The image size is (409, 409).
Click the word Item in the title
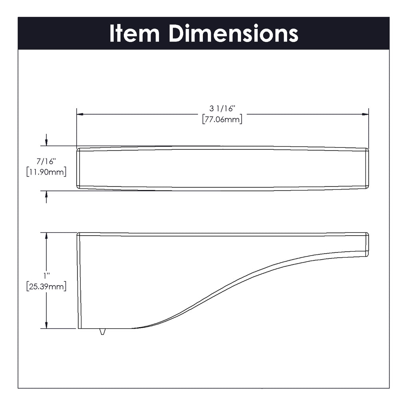pyautogui.click(x=135, y=34)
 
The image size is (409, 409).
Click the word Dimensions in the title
pyautogui.click(x=234, y=34)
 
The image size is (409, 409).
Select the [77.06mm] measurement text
pyautogui.click(x=222, y=119)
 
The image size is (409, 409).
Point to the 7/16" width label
pyautogui.click(x=46, y=161)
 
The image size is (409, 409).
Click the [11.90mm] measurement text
pyautogui.click(x=46, y=172)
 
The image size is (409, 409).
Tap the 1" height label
pyautogui.click(x=47, y=276)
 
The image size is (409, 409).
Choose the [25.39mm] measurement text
pyautogui.click(x=46, y=286)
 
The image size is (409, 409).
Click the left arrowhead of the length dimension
pyautogui.click(x=80, y=114)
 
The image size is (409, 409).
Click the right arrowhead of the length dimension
pyautogui.click(x=365, y=114)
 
